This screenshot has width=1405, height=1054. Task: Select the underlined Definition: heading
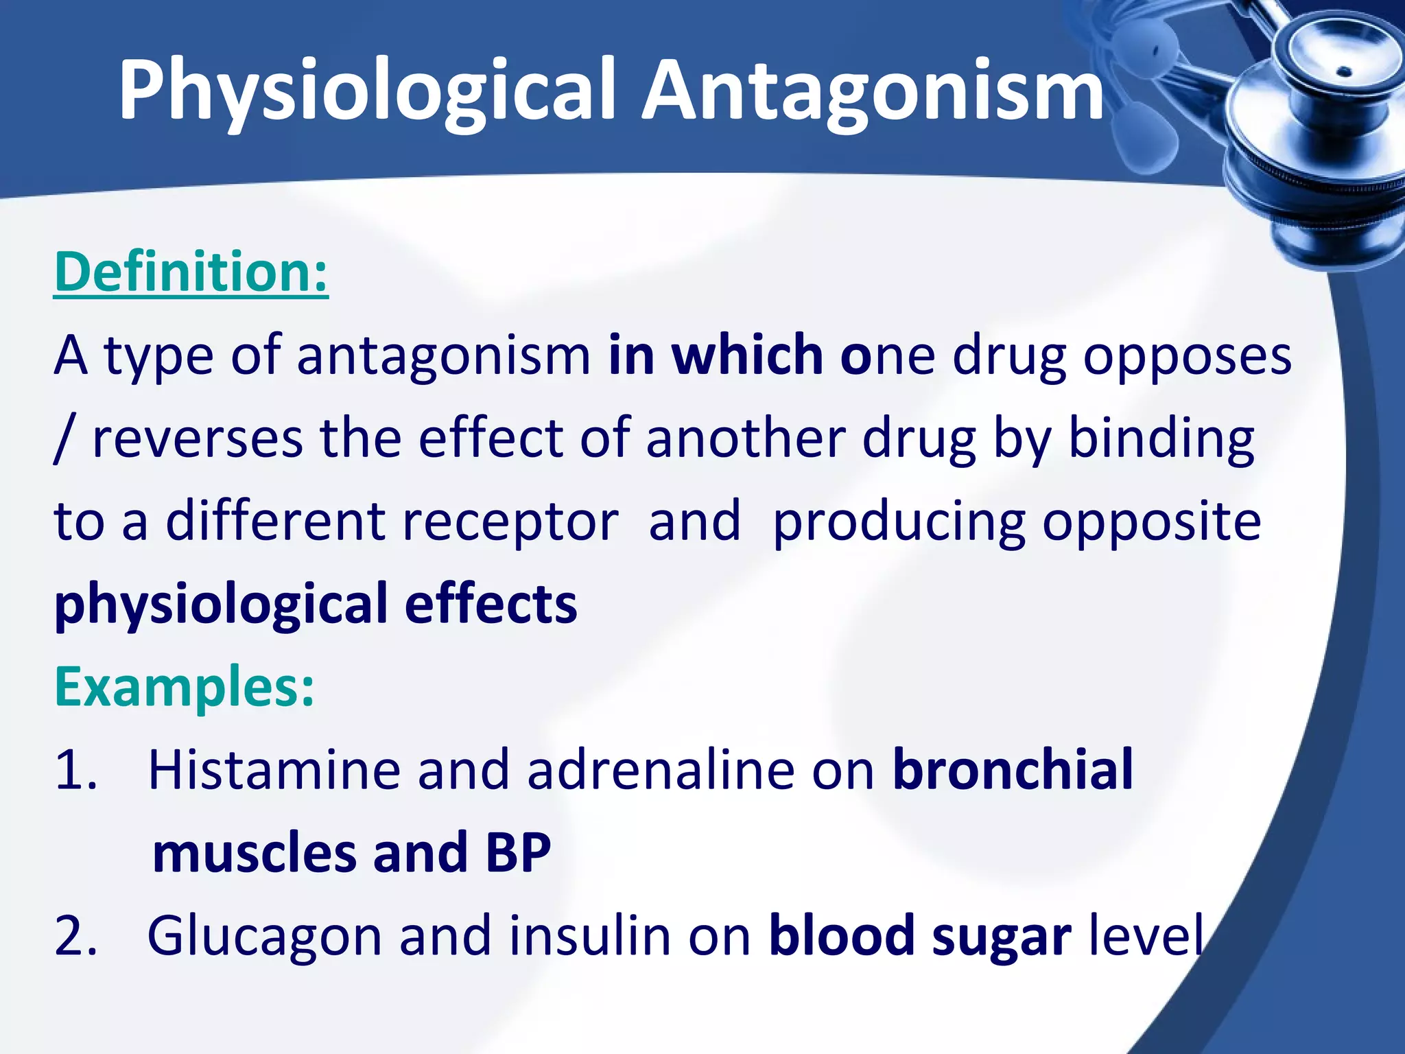tap(191, 273)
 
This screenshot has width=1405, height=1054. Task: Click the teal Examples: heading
tap(185, 687)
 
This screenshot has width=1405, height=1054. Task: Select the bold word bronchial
tap(1013, 771)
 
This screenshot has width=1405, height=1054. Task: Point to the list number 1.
tap(75, 771)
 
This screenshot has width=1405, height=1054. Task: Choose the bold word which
tap(747, 355)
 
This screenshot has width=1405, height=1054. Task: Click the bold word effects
tap(491, 605)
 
